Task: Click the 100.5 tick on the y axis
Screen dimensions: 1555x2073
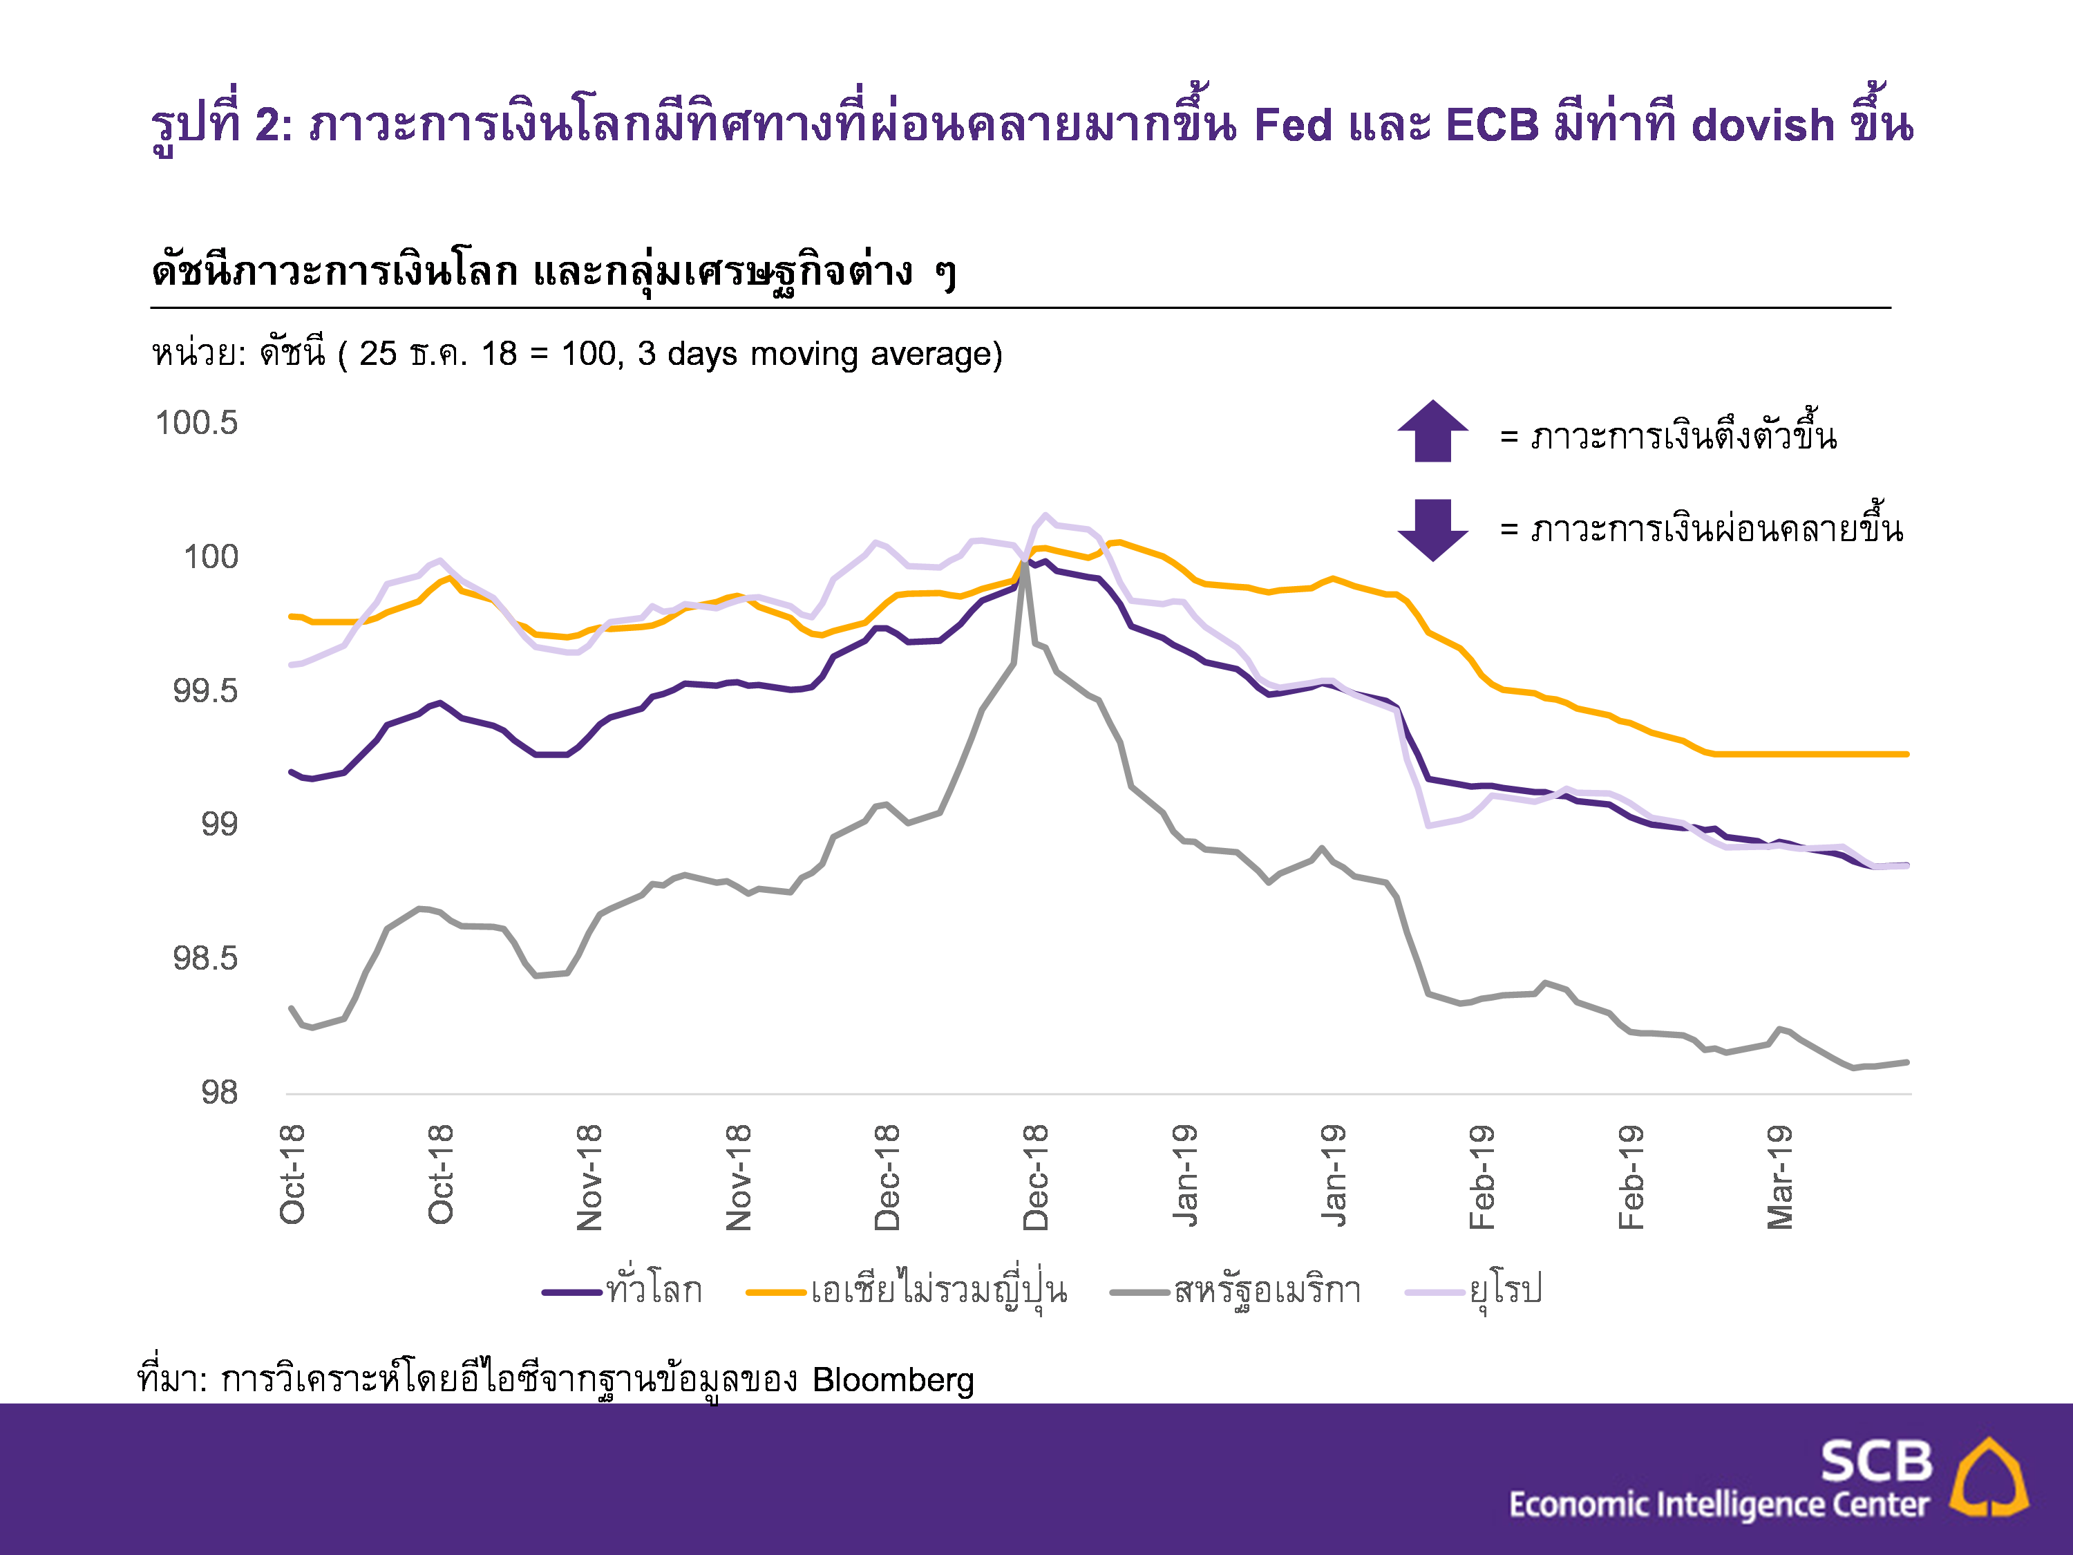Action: pos(197,423)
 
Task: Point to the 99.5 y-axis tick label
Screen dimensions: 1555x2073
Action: pos(205,691)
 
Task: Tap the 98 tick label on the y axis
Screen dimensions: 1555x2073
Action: pos(219,1092)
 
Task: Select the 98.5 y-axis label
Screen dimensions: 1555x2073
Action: pos(205,958)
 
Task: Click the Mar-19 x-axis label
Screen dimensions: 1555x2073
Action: pos(1779,1176)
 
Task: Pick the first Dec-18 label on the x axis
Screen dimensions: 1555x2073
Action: pos(887,1177)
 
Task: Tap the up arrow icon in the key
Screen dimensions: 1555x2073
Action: pos(1432,432)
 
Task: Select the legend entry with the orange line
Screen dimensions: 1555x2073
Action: pos(907,1292)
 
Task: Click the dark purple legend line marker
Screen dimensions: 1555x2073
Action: pos(571,1292)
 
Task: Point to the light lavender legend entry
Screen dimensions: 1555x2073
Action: pos(1473,1292)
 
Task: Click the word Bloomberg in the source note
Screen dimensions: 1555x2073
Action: pos(893,1379)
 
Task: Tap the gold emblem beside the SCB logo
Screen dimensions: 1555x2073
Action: pos(1989,1477)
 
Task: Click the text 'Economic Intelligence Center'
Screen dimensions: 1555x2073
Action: pos(1719,1505)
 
